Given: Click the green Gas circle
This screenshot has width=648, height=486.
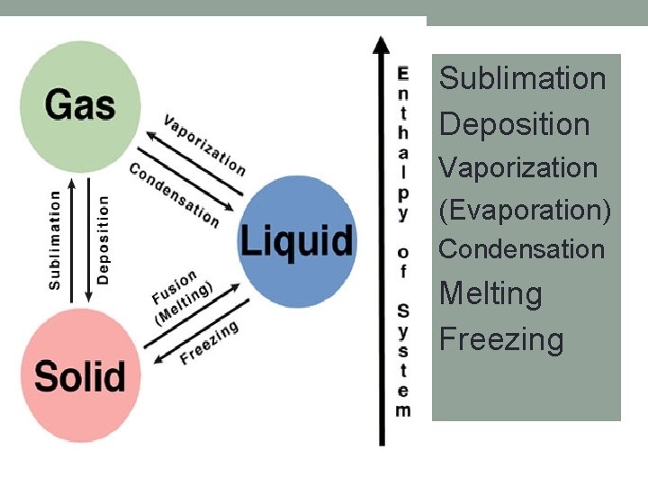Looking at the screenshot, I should (x=80, y=103).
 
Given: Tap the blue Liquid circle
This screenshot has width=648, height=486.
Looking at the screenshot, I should (x=296, y=240).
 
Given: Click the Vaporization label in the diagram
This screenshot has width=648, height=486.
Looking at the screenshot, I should (x=204, y=144).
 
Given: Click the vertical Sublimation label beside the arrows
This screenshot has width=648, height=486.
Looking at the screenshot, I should (x=55, y=238).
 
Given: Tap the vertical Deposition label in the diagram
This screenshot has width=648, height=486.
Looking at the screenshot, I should (x=103, y=239).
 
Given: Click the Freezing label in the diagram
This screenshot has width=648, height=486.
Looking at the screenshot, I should (x=209, y=343).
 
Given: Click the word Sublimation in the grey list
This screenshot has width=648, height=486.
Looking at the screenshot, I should (x=522, y=78).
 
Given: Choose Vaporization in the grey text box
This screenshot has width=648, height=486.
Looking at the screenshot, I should (x=517, y=167).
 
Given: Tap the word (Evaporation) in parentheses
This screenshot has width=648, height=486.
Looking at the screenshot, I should (x=525, y=210).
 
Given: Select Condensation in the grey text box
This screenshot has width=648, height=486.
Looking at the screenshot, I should (x=521, y=249).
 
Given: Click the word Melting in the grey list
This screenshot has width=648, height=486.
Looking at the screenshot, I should (x=490, y=293).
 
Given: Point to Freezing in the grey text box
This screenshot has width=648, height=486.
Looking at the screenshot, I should (x=501, y=339).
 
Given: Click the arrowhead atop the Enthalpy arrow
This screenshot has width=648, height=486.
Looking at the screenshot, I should (x=382, y=45).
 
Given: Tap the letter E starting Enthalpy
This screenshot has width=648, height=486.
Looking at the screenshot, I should (x=402, y=73).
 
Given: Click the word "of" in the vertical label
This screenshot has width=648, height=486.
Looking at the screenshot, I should (x=402, y=260).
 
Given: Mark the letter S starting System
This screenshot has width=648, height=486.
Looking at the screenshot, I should (x=402, y=311).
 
